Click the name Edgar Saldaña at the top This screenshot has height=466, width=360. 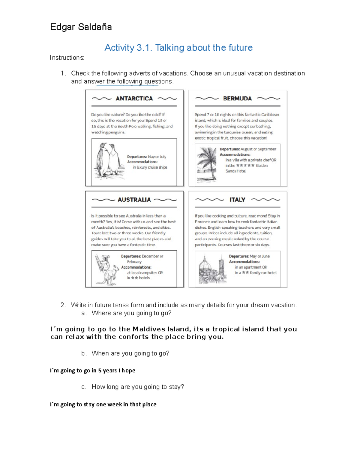81,27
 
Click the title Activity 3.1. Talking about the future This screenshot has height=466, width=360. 178,48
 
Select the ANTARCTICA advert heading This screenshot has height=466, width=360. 134,98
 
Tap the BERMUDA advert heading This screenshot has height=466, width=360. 237,98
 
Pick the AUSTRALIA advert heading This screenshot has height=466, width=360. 134,200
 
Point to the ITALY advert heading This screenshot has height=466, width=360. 237,200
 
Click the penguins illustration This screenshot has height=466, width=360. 107,161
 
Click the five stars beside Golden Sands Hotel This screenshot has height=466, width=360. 245,165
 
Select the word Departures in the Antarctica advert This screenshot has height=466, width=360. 137,157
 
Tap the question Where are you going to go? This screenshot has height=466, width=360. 131,313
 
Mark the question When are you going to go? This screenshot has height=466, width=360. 130,353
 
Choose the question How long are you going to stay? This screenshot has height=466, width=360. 138,387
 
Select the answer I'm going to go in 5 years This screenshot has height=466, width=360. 92,371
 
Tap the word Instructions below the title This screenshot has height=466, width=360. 67,58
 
